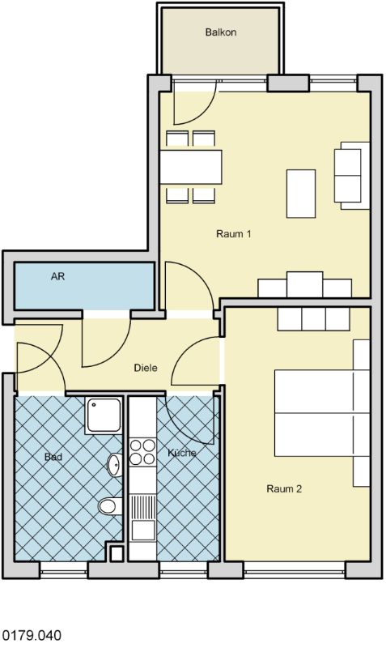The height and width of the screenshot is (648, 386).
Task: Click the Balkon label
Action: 221,32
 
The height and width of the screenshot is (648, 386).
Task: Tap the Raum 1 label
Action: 233,234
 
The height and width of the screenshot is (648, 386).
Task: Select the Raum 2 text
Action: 284,489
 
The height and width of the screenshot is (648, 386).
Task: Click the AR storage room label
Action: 57,276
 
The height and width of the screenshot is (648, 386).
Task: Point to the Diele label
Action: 146,368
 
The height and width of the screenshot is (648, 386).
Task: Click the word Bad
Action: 53,457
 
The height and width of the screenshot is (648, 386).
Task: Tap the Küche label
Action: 181,453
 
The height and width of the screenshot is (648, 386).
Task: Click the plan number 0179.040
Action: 32,635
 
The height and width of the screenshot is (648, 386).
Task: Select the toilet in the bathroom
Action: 110,505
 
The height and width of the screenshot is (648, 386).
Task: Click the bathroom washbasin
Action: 115,464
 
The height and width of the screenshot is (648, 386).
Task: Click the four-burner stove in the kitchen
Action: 142,452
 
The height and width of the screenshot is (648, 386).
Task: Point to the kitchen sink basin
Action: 143,530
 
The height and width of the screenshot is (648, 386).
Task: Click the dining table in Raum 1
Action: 191,167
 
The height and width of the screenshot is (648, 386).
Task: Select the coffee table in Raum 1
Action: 301,194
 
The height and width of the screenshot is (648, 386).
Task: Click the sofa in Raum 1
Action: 352,176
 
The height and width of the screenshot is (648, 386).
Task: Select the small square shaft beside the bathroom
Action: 117,553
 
